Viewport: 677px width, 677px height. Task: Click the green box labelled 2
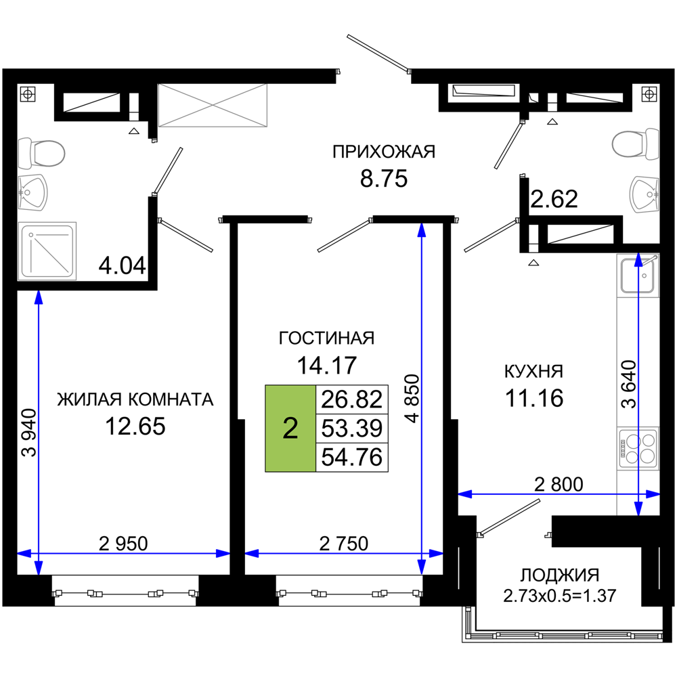point(290,428)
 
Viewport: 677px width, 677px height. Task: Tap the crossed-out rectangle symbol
point(213,106)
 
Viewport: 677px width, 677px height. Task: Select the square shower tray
point(47,250)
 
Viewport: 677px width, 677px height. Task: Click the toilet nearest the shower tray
point(42,154)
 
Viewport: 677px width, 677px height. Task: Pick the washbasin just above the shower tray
point(33,192)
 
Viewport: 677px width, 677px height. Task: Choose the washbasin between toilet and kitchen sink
point(645,194)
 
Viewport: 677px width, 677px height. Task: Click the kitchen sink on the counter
point(637,276)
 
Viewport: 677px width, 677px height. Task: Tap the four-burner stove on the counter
point(638,447)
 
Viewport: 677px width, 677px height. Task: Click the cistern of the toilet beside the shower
point(24,154)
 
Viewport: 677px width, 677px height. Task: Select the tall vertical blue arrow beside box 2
point(422,399)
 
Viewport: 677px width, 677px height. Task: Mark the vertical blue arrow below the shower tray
point(39,433)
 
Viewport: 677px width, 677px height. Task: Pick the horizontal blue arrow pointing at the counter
point(559,494)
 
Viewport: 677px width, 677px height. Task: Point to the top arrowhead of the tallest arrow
point(422,230)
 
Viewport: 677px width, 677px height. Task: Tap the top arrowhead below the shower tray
point(39,299)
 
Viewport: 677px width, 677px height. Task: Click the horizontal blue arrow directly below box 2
point(343,553)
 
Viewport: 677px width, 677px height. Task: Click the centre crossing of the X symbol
point(213,106)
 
